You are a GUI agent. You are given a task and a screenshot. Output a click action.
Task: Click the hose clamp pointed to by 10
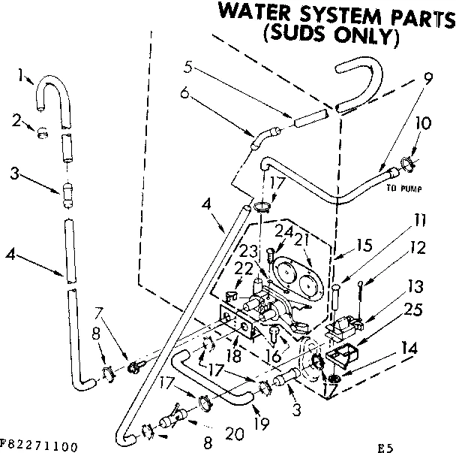pos(409,160)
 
